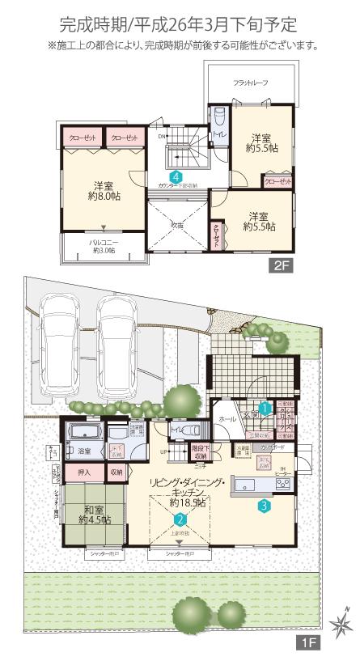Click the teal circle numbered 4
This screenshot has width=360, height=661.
[x=176, y=176]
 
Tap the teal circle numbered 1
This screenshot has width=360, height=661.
[x=265, y=409]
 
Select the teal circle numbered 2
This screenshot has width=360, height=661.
[x=181, y=521]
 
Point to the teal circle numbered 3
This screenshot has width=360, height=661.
[x=264, y=507]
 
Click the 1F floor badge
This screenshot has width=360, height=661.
[x=309, y=645]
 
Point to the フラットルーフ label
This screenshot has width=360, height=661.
[x=252, y=83]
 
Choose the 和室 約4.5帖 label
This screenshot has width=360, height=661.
[x=95, y=515]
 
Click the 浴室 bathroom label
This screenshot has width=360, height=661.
[x=83, y=451]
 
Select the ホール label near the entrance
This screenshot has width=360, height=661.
[x=227, y=419]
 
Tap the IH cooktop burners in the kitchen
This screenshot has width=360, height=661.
[x=283, y=485]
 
